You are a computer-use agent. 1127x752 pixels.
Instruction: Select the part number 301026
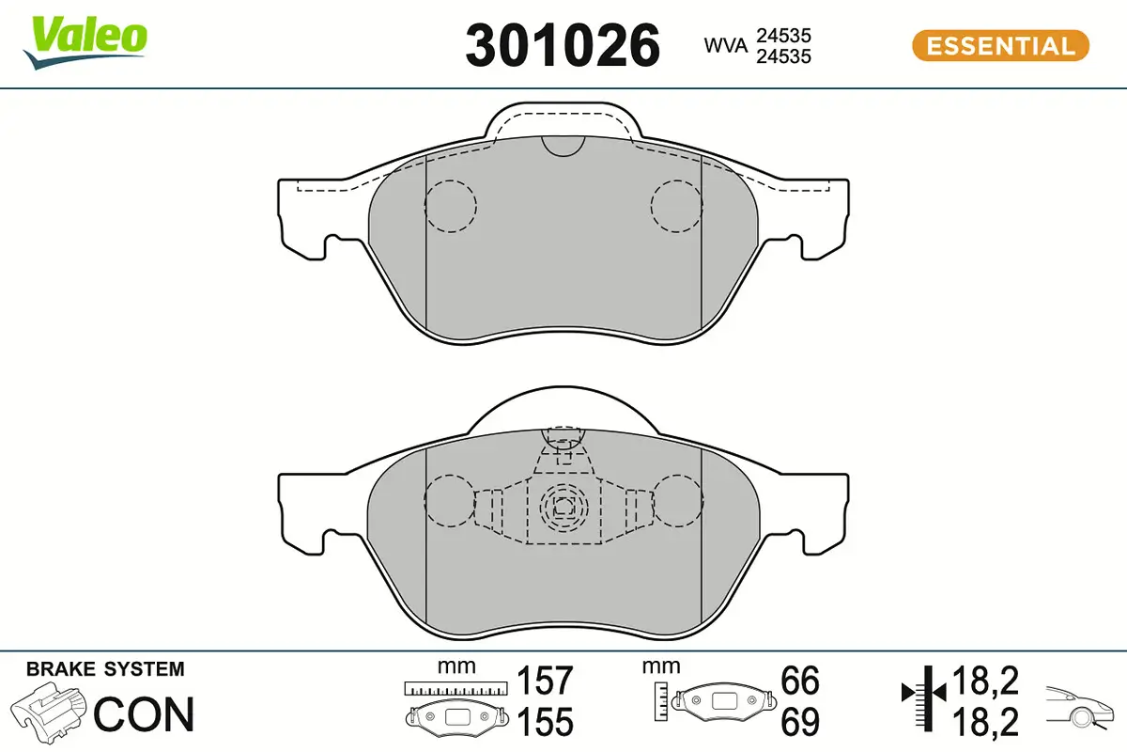click(563, 44)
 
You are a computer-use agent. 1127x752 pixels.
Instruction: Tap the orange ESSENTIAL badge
click(1000, 45)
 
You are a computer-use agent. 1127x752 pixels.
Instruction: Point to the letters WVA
click(726, 45)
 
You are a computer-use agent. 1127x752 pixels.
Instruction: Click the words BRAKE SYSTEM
click(105, 670)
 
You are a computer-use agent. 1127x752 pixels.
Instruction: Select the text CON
click(145, 714)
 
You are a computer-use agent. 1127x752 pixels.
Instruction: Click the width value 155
click(546, 722)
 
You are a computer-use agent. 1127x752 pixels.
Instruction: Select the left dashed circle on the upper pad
click(451, 205)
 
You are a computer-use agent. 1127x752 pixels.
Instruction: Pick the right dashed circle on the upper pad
click(677, 205)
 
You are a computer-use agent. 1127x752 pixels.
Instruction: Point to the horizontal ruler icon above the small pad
click(455, 689)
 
